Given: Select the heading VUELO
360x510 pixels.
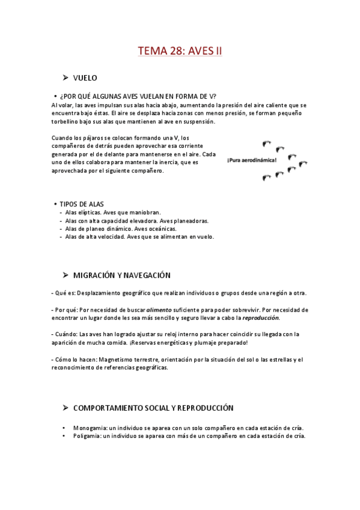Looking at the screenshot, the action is coord(85,78).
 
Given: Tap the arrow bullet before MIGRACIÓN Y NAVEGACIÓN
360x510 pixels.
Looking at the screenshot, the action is coord(65,275).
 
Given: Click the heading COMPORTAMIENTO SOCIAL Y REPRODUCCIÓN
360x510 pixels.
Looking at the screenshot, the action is coord(153,408).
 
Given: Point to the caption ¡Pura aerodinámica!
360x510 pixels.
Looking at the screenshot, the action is coord(252,161).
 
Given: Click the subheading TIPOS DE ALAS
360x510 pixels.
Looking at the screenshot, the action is coord(82,204).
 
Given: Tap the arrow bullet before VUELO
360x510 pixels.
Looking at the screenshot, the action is coord(65,78).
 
